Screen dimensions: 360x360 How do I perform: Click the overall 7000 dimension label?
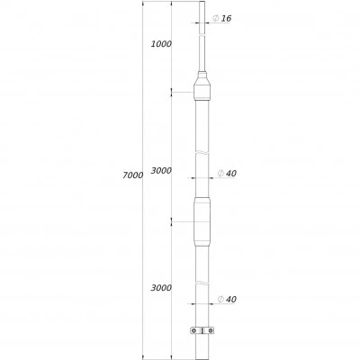point(132,175)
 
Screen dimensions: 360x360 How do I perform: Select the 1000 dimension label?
point(161,44)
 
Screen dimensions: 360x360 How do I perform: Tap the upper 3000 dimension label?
point(161,171)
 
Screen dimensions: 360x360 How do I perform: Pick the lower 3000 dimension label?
point(161,288)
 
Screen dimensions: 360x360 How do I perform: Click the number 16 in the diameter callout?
point(227,19)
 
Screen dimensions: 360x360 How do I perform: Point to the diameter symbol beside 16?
point(215,18)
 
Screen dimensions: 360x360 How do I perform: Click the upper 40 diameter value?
point(231,174)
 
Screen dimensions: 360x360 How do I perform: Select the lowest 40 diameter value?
point(231,300)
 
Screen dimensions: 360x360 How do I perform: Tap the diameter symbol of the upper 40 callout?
point(220,173)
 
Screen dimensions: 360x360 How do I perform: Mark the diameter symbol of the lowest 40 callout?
point(220,299)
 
